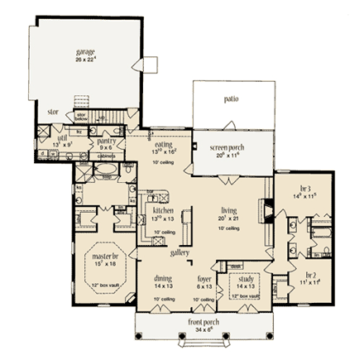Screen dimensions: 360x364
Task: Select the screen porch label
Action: point(226,144)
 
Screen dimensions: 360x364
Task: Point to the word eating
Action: point(164,142)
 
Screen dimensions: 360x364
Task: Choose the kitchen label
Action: point(163,210)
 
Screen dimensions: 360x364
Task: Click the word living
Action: point(228,210)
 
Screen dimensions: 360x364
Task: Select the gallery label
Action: point(180,252)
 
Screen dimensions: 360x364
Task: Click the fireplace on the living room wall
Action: point(266,209)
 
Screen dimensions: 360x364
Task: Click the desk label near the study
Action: point(234,265)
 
